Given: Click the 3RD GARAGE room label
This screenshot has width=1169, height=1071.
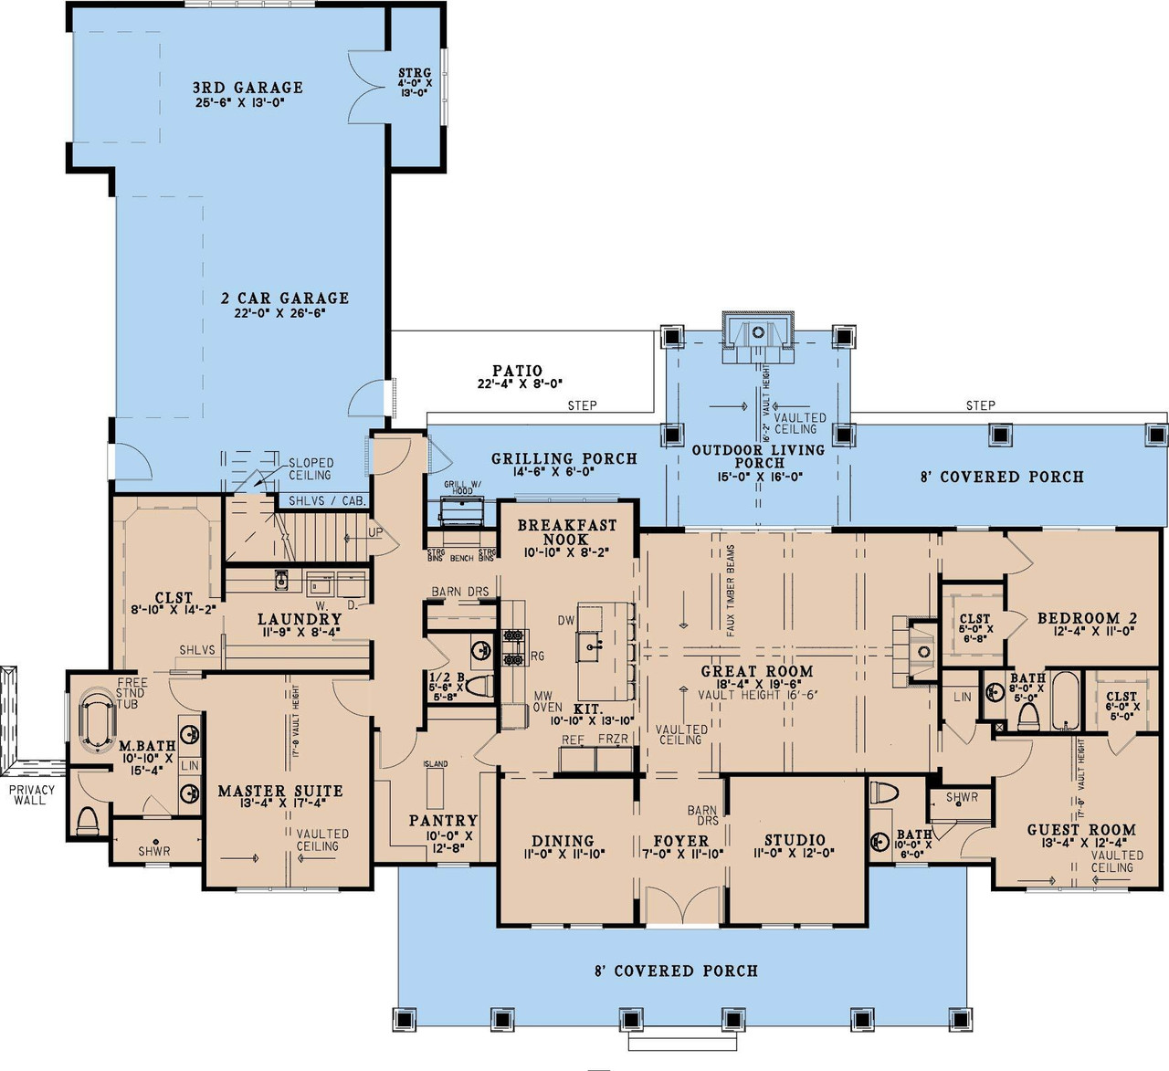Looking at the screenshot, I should pyautogui.click(x=247, y=88).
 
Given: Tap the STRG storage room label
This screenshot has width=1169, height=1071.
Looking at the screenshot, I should pyautogui.click(x=415, y=73).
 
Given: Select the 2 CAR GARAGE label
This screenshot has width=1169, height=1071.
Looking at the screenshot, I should pyautogui.click(x=285, y=298).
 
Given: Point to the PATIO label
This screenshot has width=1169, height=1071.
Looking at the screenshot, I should pyautogui.click(x=517, y=372).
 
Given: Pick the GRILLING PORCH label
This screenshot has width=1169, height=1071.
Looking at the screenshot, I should pyautogui.click(x=563, y=458).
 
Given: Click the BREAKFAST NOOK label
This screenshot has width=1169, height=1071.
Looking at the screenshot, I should pyautogui.click(x=567, y=531).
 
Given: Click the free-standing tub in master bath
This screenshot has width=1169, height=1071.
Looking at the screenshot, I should pyautogui.click(x=97, y=721).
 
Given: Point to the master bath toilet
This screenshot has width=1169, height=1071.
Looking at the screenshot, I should pyautogui.click(x=88, y=821).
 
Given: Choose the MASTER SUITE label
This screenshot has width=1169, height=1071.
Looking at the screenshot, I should pyautogui.click(x=280, y=791).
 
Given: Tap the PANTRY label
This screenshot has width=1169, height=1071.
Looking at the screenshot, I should pyautogui.click(x=443, y=821).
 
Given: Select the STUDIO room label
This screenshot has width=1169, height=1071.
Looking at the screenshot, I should pyautogui.click(x=795, y=840).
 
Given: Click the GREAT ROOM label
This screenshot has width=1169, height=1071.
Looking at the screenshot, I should pyautogui.click(x=756, y=671).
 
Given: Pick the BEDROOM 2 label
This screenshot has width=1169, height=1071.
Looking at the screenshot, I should pyautogui.click(x=1087, y=618).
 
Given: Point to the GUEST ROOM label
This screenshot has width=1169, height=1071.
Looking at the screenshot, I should pyautogui.click(x=1081, y=830).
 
